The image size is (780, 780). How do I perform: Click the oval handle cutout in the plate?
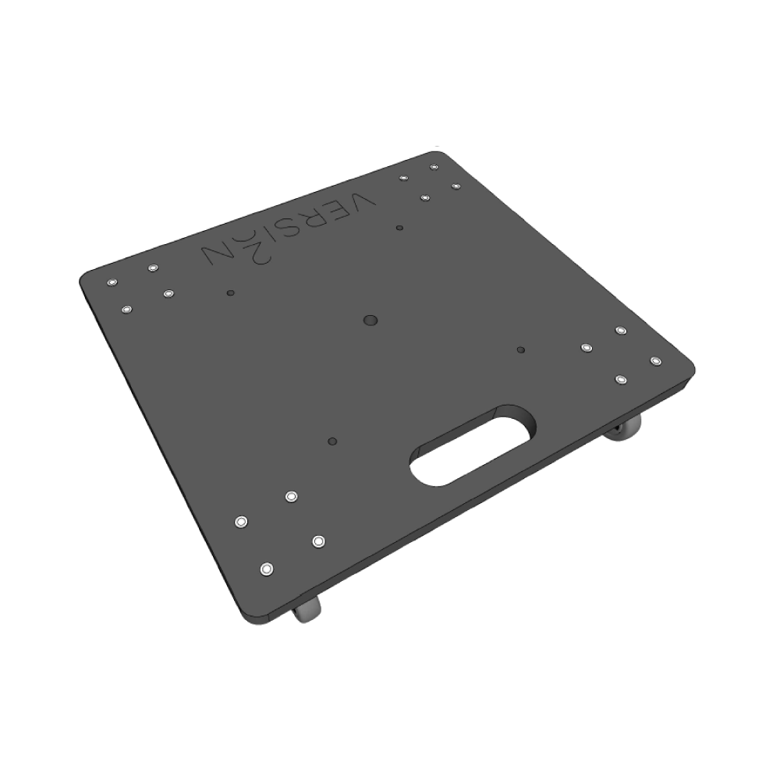click(473, 446)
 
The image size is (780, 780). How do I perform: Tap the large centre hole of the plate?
click(370, 320)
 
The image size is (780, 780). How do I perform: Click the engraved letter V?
click(363, 202)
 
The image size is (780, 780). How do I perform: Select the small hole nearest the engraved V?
click(399, 228)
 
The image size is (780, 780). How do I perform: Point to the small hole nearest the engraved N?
click(229, 293)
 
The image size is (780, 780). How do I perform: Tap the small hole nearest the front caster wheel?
click(333, 441)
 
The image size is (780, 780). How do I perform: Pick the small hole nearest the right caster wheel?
click(520, 349)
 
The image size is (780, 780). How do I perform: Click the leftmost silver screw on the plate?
click(112, 281)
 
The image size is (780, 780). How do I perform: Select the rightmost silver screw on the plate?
click(655, 360)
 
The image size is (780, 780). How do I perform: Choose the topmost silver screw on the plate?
click(434, 167)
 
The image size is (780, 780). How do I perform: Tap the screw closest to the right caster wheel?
click(621, 379)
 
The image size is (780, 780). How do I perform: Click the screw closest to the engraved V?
click(403, 178)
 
